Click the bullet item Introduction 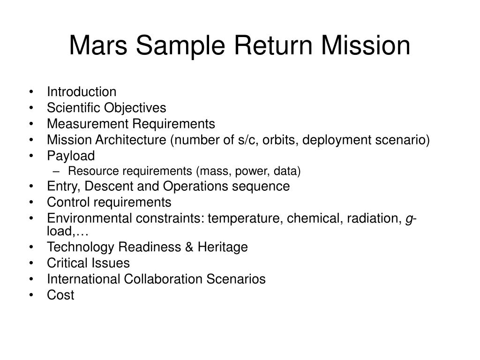point(82,92)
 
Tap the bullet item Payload point(71,156)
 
